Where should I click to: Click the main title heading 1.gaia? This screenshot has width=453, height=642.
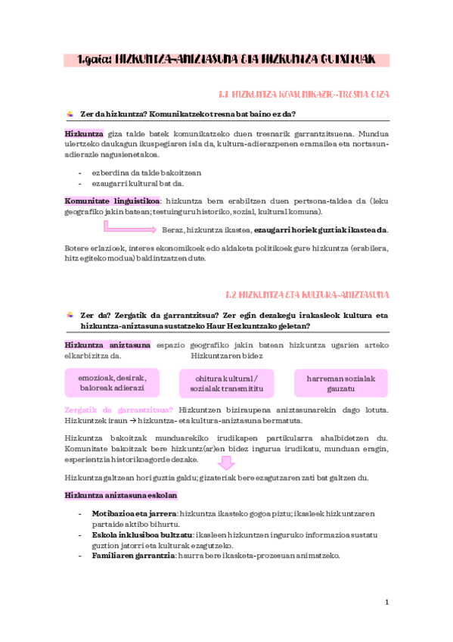[x=227, y=60]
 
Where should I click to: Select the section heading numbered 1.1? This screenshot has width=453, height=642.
[x=303, y=95]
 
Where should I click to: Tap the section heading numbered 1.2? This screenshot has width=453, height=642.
[x=308, y=294]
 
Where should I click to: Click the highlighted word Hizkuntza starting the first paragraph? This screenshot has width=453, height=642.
[x=84, y=134]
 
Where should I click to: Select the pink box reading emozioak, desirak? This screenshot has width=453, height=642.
[x=113, y=382]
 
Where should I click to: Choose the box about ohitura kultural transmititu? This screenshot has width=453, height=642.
[x=226, y=383]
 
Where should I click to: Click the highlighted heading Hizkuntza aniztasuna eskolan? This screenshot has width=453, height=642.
[x=121, y=496]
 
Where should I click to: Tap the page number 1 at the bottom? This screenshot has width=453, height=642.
[x=386, y=603]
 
